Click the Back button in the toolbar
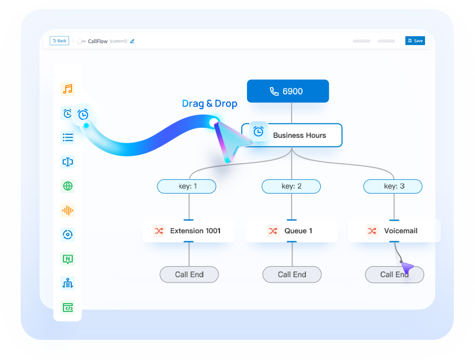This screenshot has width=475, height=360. click(59, 41)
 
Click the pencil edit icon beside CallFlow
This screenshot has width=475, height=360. click(133, 41)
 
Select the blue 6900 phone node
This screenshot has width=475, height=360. click(288, 91)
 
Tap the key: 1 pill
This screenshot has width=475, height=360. click(187, 186)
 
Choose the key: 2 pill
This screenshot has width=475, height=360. click(291, 186)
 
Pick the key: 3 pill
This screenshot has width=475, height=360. click(393, 186)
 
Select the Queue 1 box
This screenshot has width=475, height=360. click(292, 231)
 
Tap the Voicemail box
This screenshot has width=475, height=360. click(394, 231)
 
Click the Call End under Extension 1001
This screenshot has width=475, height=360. click(189, 275)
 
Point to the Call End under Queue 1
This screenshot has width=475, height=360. click(292, 275)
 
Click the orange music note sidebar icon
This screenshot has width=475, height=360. click(67, 89)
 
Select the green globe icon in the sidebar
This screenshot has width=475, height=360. click(67, 186)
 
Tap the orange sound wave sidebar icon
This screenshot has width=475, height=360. click(67, 210)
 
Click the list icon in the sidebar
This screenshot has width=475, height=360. click(67, 138)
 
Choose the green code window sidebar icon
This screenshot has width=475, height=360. click(67, 308)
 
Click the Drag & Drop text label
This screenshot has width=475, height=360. click(209, 104)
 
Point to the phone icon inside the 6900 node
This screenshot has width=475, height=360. click(274, 91)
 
